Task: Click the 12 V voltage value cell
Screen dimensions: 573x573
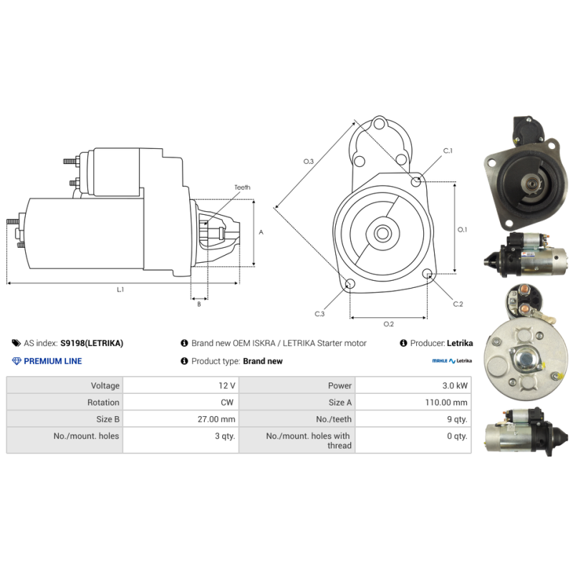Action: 226,385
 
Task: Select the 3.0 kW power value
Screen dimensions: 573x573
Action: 455,385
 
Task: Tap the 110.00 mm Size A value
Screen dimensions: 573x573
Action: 446,403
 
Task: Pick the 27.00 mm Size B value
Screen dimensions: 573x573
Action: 216,419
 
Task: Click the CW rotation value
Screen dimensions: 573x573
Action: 227,403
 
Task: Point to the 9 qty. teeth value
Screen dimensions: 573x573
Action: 457,419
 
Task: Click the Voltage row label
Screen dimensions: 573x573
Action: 105,385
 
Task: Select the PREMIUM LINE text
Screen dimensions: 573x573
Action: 53,361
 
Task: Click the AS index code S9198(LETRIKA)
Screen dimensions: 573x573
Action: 92,343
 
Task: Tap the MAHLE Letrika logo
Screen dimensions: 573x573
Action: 452,361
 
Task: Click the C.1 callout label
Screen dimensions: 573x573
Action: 448,150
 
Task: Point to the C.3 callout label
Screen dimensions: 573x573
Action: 319,314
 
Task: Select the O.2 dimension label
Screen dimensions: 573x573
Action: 388,324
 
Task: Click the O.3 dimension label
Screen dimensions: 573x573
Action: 309,161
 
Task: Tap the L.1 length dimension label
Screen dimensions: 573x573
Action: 120,289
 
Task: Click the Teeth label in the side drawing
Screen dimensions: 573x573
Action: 242,187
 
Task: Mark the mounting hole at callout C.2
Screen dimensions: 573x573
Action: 427,274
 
